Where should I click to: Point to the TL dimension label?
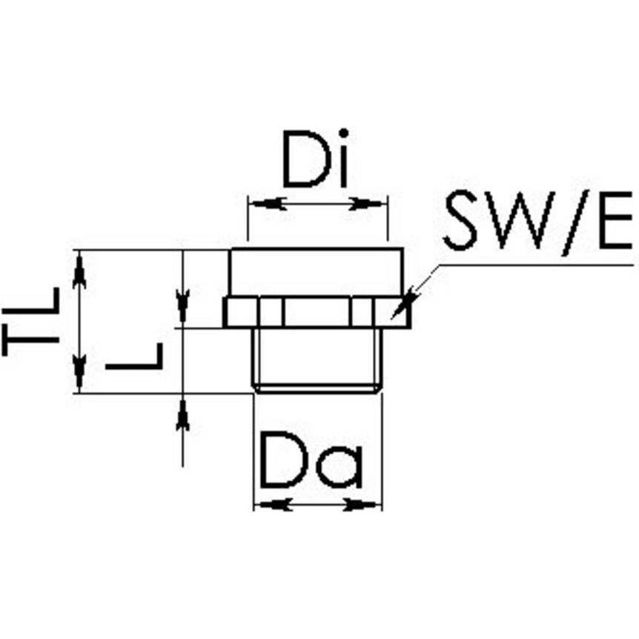[31, 322]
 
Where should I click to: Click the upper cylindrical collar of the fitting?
[316, 273]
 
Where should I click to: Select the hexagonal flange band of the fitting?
[316, 312]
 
